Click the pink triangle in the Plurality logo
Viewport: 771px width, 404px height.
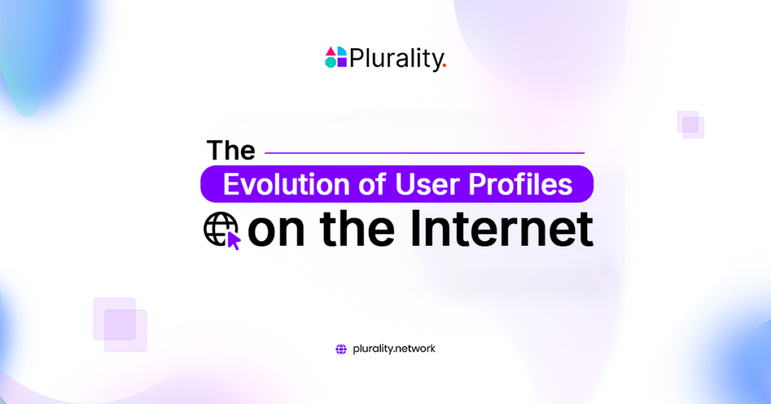(x=331, y=51)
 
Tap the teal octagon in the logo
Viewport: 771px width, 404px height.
(x=331, y=63)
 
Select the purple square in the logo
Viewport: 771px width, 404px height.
(x=342, y=63)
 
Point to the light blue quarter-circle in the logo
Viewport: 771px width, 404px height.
(x=341, y=51)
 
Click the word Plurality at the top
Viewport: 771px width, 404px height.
(x=396, y=58)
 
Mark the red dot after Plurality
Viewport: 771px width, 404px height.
(x=445, y=66)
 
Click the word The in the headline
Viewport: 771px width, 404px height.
(x=231, y=150)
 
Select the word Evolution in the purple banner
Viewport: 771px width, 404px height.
(x=286, y=185)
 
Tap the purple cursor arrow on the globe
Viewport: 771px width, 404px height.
(x=233, y=240)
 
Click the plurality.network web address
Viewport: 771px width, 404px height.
(x=394, y=349)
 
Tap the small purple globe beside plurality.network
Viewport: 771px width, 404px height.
(x=341, y=349)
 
